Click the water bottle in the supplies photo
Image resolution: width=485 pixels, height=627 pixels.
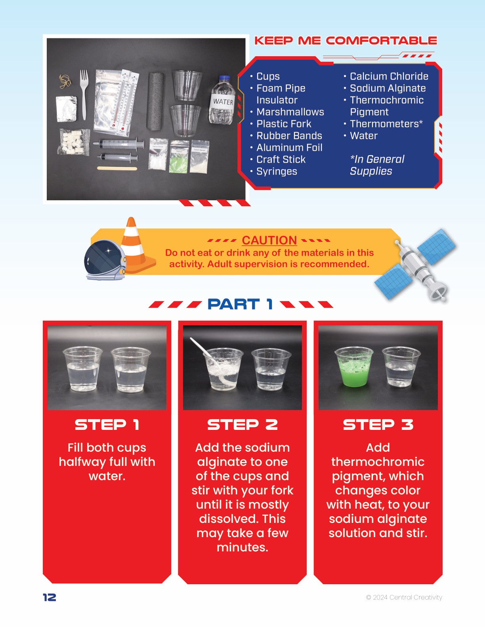coord(222,100)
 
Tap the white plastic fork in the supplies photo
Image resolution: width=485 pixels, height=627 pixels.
coord(84,94)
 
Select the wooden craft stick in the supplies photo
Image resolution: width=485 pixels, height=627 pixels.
coord(117,168)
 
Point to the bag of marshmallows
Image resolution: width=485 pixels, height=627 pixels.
coord(74,142)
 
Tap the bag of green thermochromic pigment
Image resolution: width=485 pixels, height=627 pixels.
coord(179,157)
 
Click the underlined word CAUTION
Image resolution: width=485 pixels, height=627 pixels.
coord(269,240)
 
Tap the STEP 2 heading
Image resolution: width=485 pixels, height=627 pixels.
coord(242,425)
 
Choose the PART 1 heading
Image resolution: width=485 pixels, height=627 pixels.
coord(240,304)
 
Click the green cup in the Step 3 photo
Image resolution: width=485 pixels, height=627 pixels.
coord(353,367)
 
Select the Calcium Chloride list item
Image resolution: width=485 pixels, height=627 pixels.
coord(389,76)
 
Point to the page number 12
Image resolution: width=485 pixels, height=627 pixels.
coord(50,597)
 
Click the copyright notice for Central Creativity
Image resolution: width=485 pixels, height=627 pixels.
coord(404,597)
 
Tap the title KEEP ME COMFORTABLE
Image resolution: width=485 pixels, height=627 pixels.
coord(346,40)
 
